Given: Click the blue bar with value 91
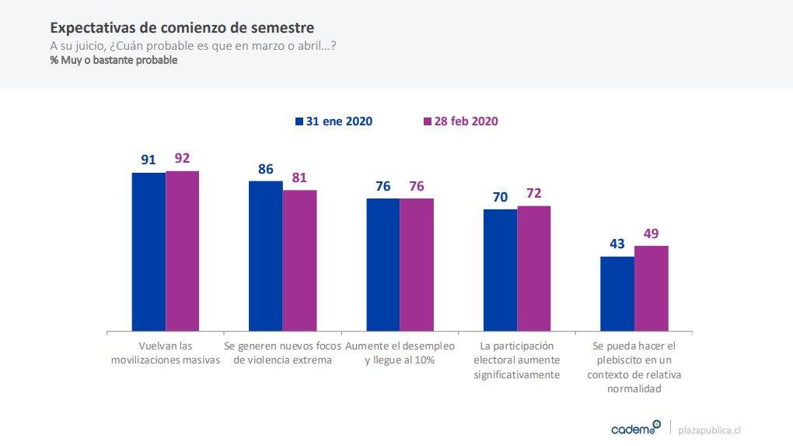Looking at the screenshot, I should tap(148, 252).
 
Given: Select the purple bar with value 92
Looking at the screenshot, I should tap(183, 251).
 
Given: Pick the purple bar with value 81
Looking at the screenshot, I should tap(299, 261).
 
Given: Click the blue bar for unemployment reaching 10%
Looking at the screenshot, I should tap(383, 265).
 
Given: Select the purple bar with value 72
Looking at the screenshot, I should tap(534, 269).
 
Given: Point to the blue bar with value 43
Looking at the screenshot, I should tap(617, 294).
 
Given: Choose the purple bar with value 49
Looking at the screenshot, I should tap(652, 289).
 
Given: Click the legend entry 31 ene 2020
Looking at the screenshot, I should tap(334, 121).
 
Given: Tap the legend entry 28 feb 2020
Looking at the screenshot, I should tap(460, 121).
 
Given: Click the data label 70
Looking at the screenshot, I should tap(500, 198).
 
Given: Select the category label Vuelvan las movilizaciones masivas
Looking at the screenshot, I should tap(166, 353).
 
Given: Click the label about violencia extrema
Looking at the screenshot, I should tap(283, 353).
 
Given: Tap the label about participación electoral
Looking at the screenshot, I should tap(517, 360).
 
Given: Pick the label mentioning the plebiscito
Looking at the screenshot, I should tap(634, 367).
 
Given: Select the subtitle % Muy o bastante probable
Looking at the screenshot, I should tap(114, 60).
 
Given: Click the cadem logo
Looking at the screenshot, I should tap(635, 428).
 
